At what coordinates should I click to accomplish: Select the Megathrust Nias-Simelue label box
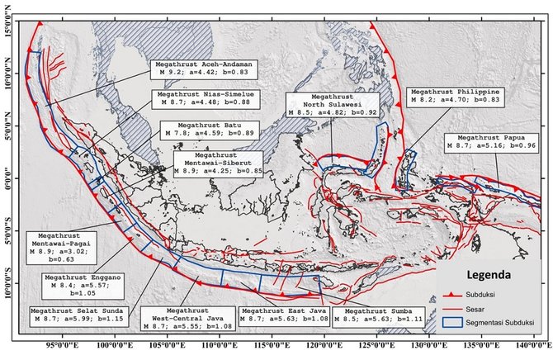(191, 101)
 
